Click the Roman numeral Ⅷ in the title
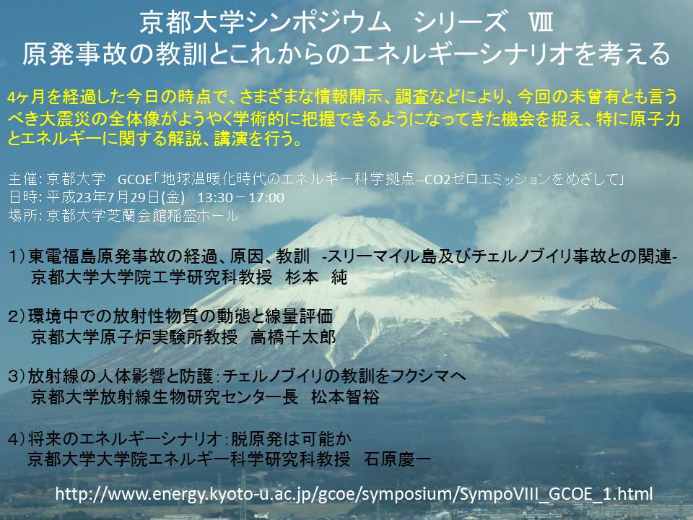tap(541, 23)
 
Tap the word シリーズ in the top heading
tap(461, 23)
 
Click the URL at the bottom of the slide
tap(354, 494)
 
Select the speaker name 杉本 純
tap(316, 277)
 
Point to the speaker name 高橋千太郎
tap(293, 337)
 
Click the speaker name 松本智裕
tap(345, 396)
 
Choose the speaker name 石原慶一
tap(397, 459)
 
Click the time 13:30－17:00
tap(240, 197)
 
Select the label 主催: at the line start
tap(25, 179)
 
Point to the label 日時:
tap(25, 197)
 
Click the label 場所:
tap(25, 215)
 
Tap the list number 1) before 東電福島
tap(17, 257)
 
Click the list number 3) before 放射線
tap(17, 376)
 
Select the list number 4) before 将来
tap(17, 439)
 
